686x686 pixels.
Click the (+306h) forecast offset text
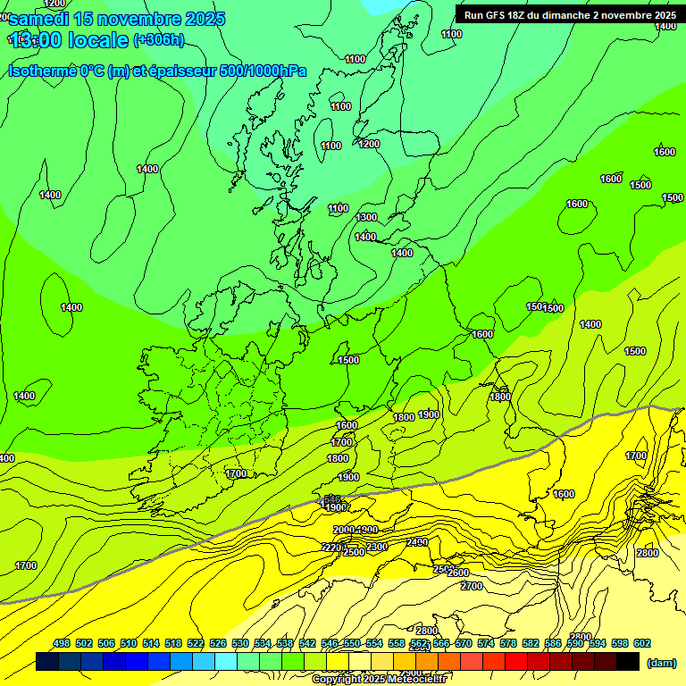point(159,39)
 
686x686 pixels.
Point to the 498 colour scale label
point(62,643)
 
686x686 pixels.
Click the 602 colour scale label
point(642,643)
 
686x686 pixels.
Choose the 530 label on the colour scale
point(240,643)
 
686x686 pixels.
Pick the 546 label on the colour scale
point(330,643)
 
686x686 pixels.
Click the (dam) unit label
point(662,663)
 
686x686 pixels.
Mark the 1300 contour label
point(366,217)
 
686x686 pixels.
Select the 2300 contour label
point(377,547)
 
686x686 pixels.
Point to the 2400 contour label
point(417,542)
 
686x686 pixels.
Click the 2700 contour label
point(472,586)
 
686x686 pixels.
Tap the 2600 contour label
point(458,573)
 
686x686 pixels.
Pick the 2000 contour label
point(343,531)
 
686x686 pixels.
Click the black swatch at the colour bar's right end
point(628,662)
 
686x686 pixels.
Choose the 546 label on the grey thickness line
point(332,498)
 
